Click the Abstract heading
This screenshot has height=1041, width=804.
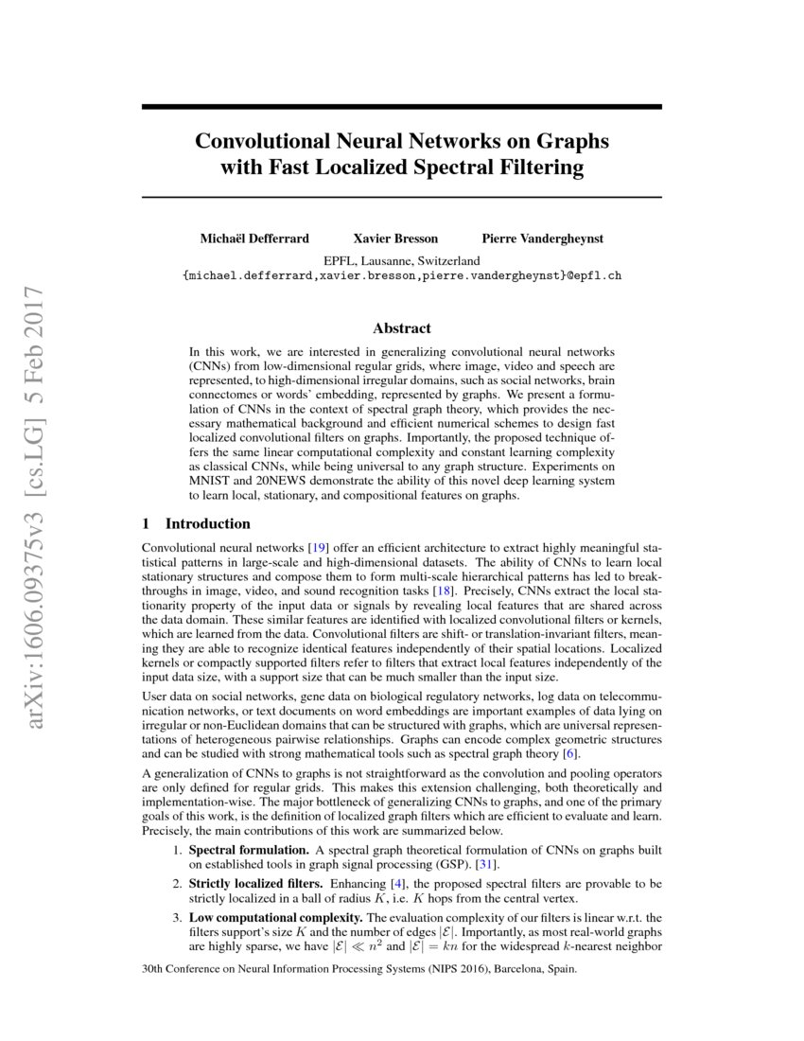pos(402,328)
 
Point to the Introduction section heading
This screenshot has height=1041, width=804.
pos(208,523)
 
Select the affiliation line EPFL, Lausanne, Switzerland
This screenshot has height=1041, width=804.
pos(402,260)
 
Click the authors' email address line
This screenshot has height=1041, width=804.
pos(402,275)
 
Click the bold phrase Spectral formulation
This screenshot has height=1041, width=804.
pos(249,851)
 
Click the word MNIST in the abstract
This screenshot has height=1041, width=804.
pos(211,481)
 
